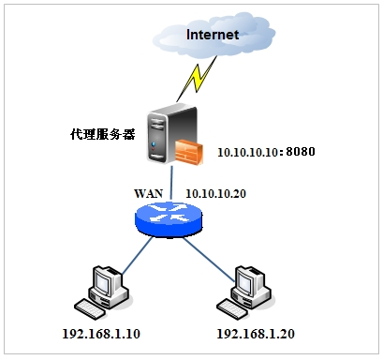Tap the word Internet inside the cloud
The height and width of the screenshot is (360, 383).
(x=214, y=36)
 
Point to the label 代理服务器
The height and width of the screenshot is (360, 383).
(x=102, y=134)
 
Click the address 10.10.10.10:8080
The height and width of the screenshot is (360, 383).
(x=267, y=150)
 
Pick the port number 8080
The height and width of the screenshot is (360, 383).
(x=302, y=150)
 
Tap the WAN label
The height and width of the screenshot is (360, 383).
(x=149, y=193)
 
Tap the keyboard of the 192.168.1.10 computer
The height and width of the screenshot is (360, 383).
(x=94, y=307)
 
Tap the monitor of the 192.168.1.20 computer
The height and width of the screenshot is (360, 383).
(x=251, y=280)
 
